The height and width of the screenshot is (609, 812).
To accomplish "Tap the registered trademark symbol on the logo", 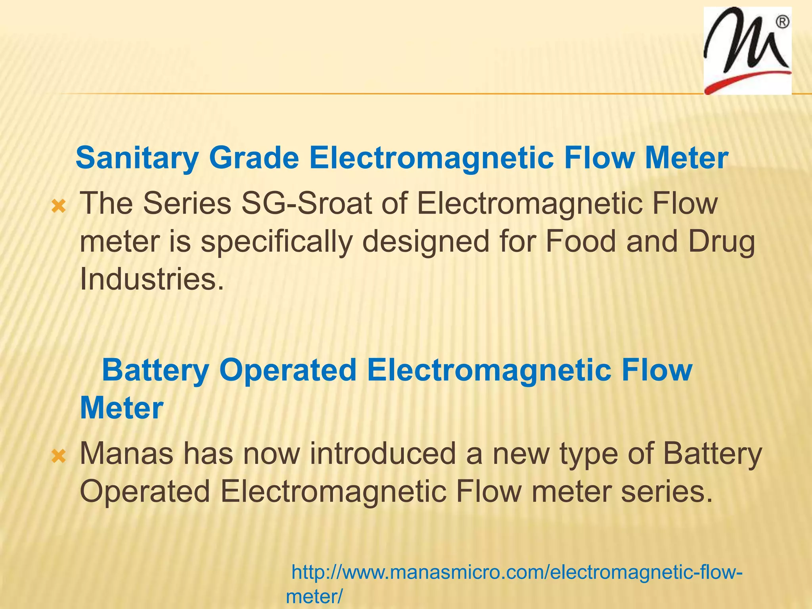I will pos(782,22).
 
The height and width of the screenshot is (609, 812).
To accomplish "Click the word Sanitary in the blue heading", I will pos(137,158).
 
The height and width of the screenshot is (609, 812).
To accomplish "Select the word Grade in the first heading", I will pos(254,158).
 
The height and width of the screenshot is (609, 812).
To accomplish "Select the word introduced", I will pos(383,454).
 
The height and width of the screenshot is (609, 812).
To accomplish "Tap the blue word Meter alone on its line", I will pos(122,408).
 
